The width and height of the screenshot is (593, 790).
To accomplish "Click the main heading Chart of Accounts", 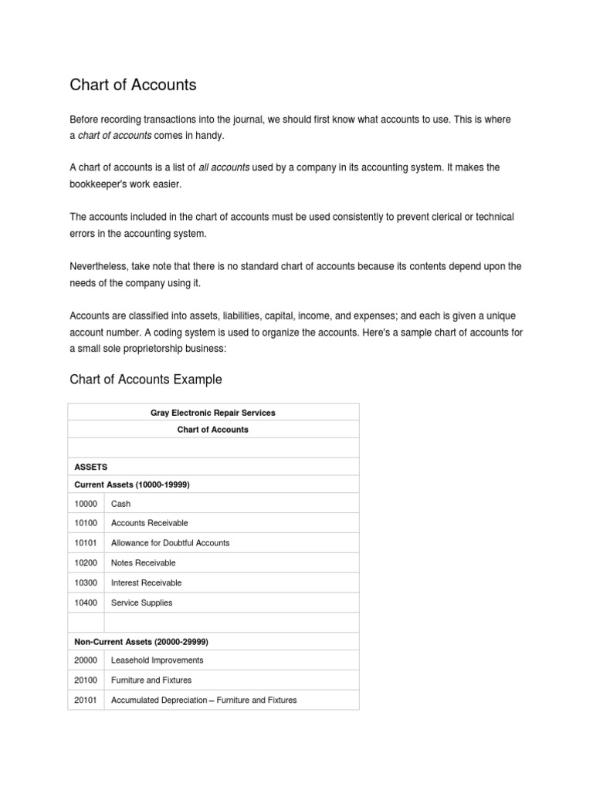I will (x=133, y=85).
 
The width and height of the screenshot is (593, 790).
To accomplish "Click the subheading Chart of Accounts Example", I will (x=145, y=379).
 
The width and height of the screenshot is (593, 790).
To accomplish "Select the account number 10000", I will (x=86, y=504).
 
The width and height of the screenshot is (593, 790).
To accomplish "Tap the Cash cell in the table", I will (x=121, y=504).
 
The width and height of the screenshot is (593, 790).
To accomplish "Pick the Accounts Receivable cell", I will (x=149, y=523).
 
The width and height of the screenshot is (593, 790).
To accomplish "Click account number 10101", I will (x=86, y=543).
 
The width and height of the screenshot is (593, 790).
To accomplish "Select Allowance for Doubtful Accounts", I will (x=170, y=543).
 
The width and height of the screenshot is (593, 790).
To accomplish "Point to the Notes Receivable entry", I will (x=143, y=563).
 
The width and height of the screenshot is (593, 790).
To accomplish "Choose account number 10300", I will (x=86, y=583).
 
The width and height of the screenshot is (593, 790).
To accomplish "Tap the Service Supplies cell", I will (x=141, y=603).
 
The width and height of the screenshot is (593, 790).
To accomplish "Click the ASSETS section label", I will (x=90, y=467).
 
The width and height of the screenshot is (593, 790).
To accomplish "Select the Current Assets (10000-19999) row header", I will (x=131, y=484).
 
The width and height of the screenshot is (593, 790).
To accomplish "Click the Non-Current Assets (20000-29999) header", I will (x=141, y=642).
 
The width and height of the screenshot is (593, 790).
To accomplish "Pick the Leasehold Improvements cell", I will (x=157, y=660).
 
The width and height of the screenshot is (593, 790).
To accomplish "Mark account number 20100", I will (x=86, y=680).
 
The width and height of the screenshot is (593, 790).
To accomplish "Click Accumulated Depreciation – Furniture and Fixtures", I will (x=204, y=701).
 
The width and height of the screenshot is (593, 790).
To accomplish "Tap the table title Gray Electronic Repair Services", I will (x=212, y=413).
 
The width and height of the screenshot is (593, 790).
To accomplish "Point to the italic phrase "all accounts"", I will (x=224, y=167).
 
